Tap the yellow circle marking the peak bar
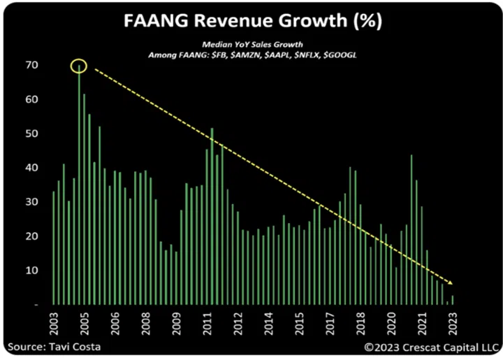click(x=78, y=66)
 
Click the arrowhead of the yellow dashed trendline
click(x=451, y=283)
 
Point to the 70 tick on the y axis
click(x=33, y=66)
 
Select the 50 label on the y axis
click(x=33, y=134)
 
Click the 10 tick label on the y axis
click(x=33, y=271)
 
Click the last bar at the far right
click(x=453, y=300)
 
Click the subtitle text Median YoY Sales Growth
click(x=251, y=43)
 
